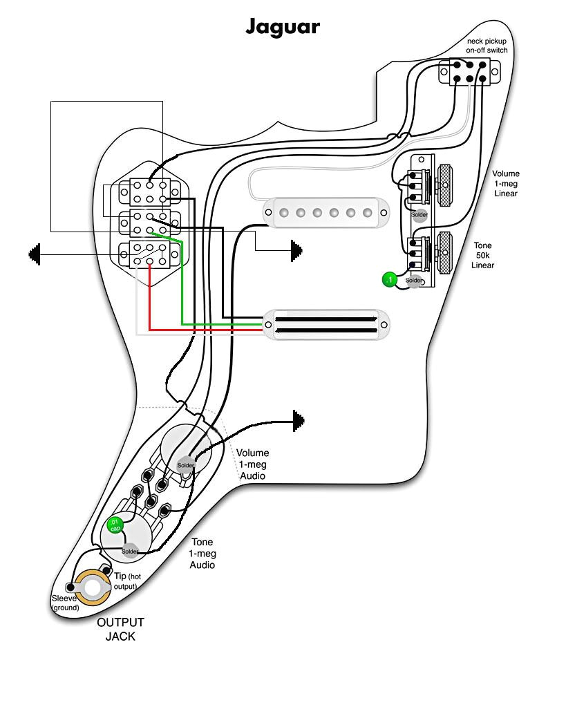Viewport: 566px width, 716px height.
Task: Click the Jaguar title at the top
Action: tap(283, 26)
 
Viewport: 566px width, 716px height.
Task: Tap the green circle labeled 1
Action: tap(390, 280)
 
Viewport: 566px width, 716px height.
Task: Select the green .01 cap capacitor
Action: tap(115, 525)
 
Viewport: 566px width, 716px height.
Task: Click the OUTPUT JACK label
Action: tap(120, 629)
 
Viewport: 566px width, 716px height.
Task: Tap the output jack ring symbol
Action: tap(93, 587)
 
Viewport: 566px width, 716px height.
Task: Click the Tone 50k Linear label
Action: tap(483, 255)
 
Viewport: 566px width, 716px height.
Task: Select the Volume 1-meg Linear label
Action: tap(506, 183)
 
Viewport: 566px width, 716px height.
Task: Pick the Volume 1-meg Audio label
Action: tap(252, 464)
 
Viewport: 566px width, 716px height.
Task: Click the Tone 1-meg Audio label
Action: tap(202, 554)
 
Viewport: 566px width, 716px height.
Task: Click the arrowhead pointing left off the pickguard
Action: tap(34, 254)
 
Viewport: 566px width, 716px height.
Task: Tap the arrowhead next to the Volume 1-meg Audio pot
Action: tap(299, 420)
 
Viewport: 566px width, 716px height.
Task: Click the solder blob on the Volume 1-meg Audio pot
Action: tap(185, 465)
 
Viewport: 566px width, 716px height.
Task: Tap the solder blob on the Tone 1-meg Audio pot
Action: tap(129, 551)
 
